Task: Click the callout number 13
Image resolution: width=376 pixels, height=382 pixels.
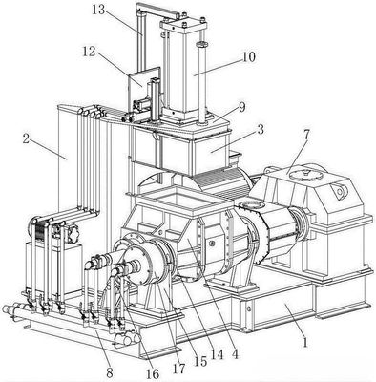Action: tap(98, 10)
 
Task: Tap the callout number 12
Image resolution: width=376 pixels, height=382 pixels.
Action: tap(90, 52)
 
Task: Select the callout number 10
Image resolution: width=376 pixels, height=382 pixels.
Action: tap(249, 57)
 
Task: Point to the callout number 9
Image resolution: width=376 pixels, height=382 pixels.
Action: tap(242, 107)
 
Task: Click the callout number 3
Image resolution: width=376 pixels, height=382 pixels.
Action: tap(261, 130)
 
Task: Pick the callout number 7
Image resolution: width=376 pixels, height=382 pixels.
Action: tap(306, 135)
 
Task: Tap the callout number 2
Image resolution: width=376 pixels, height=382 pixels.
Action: tap(26, 139)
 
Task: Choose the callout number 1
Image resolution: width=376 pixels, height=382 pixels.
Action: tap(305, 343)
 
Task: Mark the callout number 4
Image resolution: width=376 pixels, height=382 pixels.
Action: tap(235, 354)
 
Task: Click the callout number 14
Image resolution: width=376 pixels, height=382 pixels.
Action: tap(218, 355)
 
